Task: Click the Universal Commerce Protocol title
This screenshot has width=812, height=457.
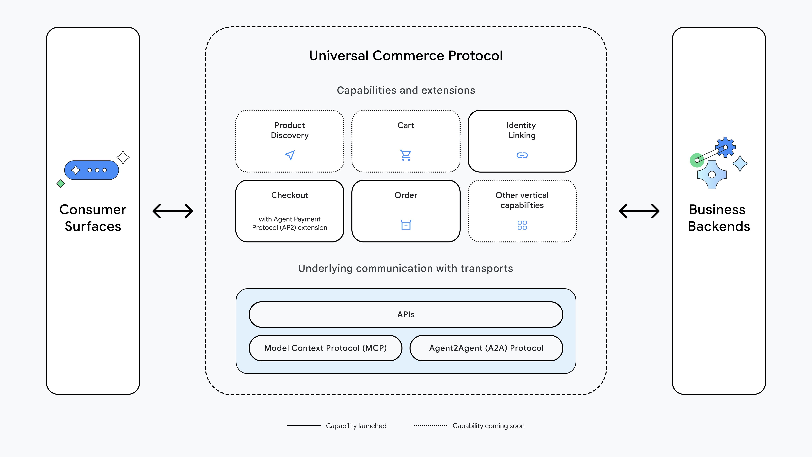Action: [406, 55]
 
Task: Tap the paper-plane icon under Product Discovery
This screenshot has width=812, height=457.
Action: [290, 155]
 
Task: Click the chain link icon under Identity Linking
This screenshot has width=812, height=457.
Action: [522, 155]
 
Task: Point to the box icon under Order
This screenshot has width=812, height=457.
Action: [406, 225]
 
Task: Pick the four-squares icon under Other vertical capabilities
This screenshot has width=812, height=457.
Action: [522, 225]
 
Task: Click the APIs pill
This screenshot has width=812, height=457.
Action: [406, 315]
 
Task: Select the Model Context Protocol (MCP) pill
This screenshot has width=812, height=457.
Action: [325, 348]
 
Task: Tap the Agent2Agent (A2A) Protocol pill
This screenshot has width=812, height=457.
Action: [486, 348]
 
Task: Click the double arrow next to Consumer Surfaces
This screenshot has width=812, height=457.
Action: [173, 211]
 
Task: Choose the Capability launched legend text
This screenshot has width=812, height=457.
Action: [356, 426]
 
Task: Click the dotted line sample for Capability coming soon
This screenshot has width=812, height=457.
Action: [430, 425]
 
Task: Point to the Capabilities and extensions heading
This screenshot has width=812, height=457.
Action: [406, 90]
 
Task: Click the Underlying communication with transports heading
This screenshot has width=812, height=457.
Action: [406, 268]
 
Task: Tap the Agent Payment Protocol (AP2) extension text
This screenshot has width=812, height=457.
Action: [290, 223]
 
